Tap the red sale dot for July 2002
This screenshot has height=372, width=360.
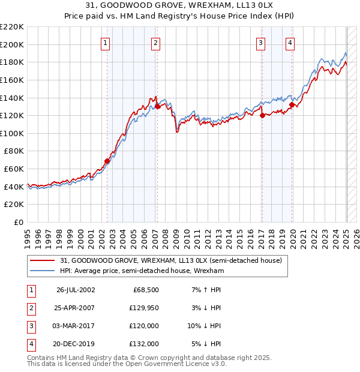[107, 161]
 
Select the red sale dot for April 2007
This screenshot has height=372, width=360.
[157, 106]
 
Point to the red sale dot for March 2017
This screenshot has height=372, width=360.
[262, 115]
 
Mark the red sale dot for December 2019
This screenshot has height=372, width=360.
[292, 104]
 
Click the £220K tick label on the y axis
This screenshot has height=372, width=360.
[12, 27]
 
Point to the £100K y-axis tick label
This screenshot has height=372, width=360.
[12, 133]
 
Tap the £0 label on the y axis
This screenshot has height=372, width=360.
[18, 222]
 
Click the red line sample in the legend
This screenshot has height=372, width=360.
[43, 260]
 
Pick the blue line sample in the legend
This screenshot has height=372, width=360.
[43, 271]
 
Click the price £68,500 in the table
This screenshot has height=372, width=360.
[146, 290]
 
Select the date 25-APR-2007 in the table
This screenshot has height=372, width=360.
[75, 308]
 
